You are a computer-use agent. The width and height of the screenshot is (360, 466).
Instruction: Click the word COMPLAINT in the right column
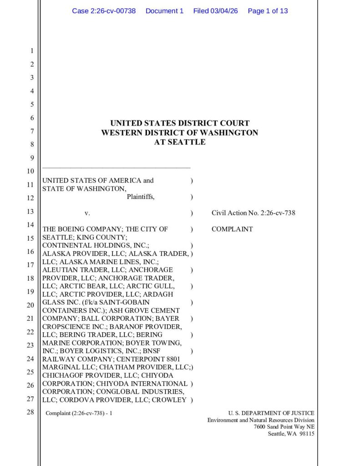232,229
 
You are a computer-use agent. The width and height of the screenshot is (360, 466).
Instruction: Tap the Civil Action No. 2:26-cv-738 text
254,213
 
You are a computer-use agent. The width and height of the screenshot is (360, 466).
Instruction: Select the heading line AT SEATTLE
180,142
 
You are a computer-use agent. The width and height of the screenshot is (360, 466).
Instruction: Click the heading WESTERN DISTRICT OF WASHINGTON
180,132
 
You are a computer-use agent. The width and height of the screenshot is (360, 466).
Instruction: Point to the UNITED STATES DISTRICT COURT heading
180,123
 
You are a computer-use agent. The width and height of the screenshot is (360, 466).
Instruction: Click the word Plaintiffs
141,197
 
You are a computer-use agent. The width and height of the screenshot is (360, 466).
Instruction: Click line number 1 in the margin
32,51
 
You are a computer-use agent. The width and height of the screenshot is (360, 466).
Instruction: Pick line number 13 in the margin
30,211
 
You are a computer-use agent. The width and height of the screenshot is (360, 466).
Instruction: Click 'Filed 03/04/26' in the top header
216,11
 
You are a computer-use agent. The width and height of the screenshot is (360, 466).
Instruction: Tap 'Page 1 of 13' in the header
268,11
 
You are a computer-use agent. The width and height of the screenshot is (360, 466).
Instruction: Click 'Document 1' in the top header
164,11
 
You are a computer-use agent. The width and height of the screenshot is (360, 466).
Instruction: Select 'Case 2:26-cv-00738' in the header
104,11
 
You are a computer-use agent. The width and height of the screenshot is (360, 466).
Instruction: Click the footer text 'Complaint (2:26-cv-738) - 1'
79,413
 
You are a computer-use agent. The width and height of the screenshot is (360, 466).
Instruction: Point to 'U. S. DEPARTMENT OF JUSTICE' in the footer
271,413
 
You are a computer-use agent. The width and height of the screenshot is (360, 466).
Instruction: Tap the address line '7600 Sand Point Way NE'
284,427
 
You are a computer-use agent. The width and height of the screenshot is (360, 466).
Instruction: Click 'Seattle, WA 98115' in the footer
291,434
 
